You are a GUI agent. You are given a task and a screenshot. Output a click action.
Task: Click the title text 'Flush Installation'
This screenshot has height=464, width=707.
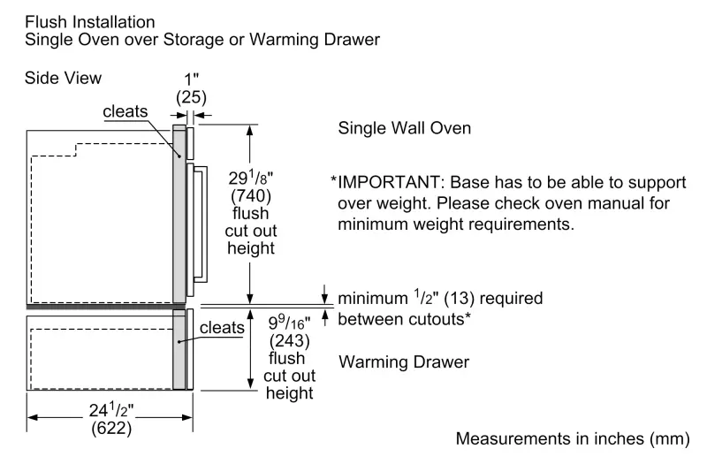[x=90, y=20]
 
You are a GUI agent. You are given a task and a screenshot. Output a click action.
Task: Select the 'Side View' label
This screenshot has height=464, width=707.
[x=64, y=79]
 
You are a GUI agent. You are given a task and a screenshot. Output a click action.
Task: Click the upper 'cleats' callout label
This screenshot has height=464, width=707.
[x=125, y=111]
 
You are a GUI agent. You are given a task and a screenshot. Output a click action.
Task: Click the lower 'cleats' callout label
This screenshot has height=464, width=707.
[x=222, y=327]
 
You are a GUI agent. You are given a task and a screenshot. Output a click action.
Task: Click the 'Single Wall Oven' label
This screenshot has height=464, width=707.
[x=405, y=128]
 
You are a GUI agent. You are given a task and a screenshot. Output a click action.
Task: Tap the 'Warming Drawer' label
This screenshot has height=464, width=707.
[x=404, y=362]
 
